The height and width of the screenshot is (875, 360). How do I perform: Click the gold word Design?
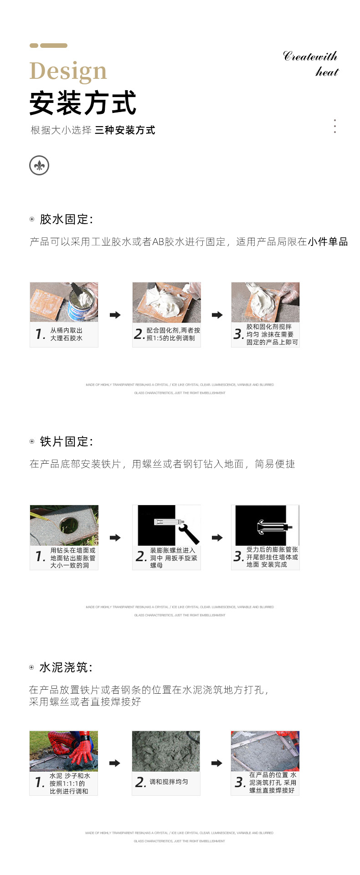point(68,72)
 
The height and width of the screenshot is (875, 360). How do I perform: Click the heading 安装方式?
point(82,103)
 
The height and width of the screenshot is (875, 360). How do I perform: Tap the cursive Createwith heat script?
point(311,64)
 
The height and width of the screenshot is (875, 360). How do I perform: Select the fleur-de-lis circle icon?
point(39,165)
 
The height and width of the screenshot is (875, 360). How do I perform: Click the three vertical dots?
point(335,126)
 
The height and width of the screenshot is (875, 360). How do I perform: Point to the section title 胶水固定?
point(66,219)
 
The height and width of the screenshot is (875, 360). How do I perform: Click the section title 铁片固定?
point(66,441)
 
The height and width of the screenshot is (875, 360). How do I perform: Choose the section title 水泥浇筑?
point(66,667)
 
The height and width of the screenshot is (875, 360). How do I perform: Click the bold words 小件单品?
point(328,241)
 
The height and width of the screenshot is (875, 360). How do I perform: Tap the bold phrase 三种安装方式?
point(125,130)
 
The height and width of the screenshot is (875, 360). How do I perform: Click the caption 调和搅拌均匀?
point(169,782)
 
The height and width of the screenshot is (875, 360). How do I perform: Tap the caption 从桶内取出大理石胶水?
point(66,334)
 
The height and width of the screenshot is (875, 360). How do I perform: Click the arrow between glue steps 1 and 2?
point(115,315)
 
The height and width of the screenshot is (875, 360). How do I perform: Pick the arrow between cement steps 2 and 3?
point(217,763)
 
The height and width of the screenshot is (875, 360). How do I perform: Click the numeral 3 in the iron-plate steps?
point(238,556)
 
